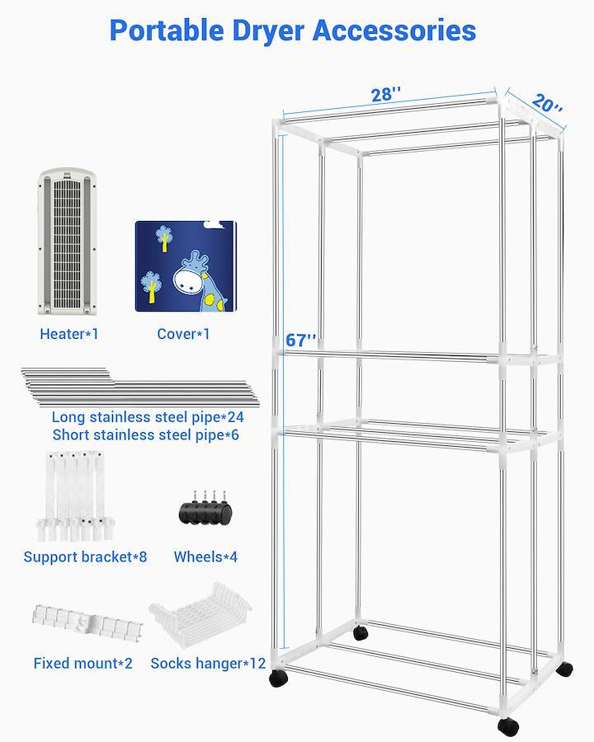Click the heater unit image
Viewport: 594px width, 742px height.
[x=68, y=241]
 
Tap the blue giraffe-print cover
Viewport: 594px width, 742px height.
[x=186, y=266]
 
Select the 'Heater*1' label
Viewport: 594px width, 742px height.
[x=69, y=334]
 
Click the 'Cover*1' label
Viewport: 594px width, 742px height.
[x=183, y=334]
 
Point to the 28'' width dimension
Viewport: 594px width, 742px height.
[x=386, y=94]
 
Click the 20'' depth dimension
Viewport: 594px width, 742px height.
[x=547, y=103]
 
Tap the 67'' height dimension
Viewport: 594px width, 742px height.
[x=301, y=340]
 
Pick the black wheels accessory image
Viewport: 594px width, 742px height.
[x=205, y=508]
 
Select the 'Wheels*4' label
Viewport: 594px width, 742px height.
[x=205, y=556]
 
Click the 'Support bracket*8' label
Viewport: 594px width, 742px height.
[x=85, y=556]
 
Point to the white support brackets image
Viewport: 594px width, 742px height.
[x=75, y=496]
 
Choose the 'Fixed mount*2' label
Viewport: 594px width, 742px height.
[x=82, y=663]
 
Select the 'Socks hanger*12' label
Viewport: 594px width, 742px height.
[x=208, y=663]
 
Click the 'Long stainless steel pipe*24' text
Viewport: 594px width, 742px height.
[x=148, y=417]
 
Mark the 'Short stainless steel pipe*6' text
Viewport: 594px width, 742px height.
[x=146, y=434]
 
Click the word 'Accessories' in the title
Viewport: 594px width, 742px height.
[x=394, y=31]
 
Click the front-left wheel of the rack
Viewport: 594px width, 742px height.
[x=279, y=679]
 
